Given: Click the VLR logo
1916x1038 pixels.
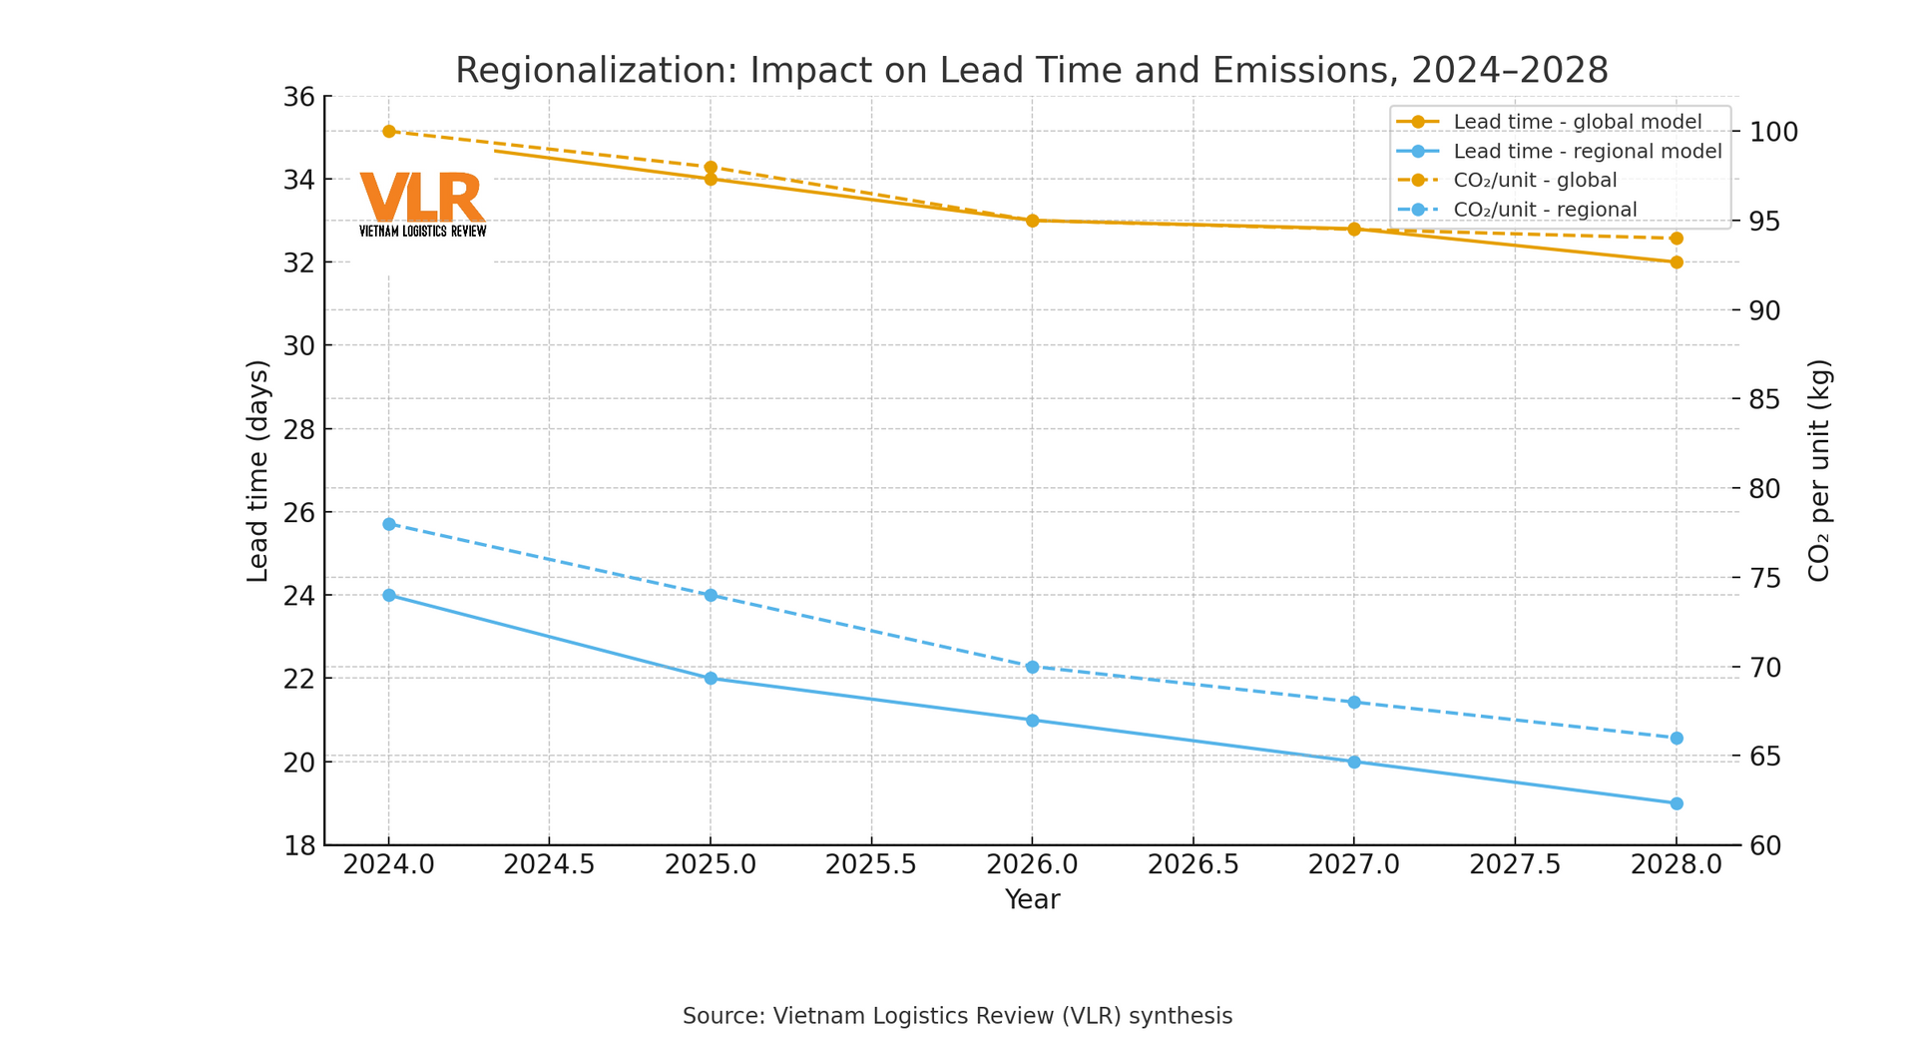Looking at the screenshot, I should click(422, 204).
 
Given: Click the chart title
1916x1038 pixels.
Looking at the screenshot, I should click(1031, 71).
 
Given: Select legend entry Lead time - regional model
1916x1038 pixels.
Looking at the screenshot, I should click(1587, 152).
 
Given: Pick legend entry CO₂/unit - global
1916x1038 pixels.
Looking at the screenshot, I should click(1535, 181).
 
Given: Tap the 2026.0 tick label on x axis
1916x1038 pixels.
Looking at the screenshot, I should click(1032, 864).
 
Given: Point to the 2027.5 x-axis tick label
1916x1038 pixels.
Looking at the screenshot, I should click(1515, 864).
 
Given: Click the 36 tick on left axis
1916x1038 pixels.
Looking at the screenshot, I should click(299, 97).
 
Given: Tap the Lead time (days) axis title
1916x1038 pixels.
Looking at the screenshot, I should click(257, 471).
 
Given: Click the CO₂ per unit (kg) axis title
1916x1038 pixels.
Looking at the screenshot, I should click(1818, 471).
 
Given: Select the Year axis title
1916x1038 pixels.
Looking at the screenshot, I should click(1032, 899).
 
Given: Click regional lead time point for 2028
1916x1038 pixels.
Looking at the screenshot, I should click(1676, 803).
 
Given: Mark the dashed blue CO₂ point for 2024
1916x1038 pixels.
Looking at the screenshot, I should click(389, 524).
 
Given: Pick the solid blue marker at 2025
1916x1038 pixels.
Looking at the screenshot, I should click(711, 679).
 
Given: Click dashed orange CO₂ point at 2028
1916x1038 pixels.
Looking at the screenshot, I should click(1676, 239).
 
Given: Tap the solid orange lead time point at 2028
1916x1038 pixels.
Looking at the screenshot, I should click(1676, 262).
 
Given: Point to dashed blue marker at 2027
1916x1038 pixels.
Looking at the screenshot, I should click(1354, 703).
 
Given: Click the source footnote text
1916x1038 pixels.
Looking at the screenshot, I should click(957, 1016).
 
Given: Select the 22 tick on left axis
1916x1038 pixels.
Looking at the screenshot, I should click(299, 679).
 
